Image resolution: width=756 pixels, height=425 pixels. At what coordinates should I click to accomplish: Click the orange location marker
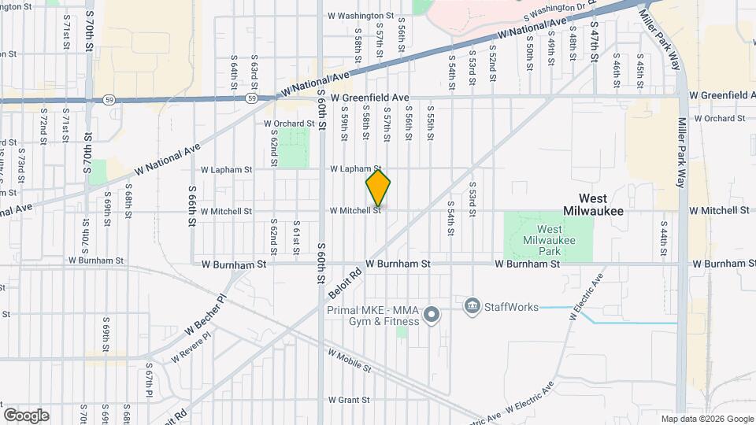coord(378,189)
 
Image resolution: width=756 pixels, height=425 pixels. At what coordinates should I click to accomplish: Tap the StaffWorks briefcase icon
coord(472,305)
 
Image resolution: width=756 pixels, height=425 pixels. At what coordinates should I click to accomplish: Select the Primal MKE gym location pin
coord(431,316)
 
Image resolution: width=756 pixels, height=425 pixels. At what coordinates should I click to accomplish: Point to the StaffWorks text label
coord(511,306)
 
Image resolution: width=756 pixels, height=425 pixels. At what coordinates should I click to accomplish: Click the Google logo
coord(26,415)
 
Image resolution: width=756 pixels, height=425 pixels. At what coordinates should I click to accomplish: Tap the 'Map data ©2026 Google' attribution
coord(706,419)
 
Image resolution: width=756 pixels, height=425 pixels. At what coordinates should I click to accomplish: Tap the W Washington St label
coord(361,16)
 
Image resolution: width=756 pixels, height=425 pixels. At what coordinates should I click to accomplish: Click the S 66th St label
coord(191,206)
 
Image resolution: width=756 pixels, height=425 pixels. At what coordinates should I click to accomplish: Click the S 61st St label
coord(296,238)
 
